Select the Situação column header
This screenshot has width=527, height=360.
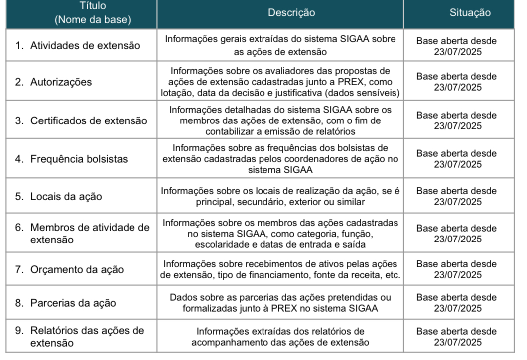click(x=470, y=13)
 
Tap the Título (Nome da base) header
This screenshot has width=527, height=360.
click(x=93, y=13)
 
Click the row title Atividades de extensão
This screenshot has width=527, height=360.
click(x=85, y=46)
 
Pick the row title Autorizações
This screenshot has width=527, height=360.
click(x=61, y=82)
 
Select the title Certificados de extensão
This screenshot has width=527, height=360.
click(x=89, y=121)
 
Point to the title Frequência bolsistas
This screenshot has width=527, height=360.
click(x=79, y=159)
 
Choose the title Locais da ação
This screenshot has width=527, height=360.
click(x=66, y=197)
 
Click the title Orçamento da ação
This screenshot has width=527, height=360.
click(x=77, y=270)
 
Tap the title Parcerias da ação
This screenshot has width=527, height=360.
click(x=73, y=303)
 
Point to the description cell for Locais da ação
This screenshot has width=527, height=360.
click(x=280, y=196)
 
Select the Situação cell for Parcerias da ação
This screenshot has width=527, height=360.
click(x=457, y=303)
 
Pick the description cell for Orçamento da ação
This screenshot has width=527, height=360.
click(x=280, y=269)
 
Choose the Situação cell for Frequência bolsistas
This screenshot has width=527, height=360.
click(x=457, y=159)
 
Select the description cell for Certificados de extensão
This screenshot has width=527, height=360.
click(x=280, y=120)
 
